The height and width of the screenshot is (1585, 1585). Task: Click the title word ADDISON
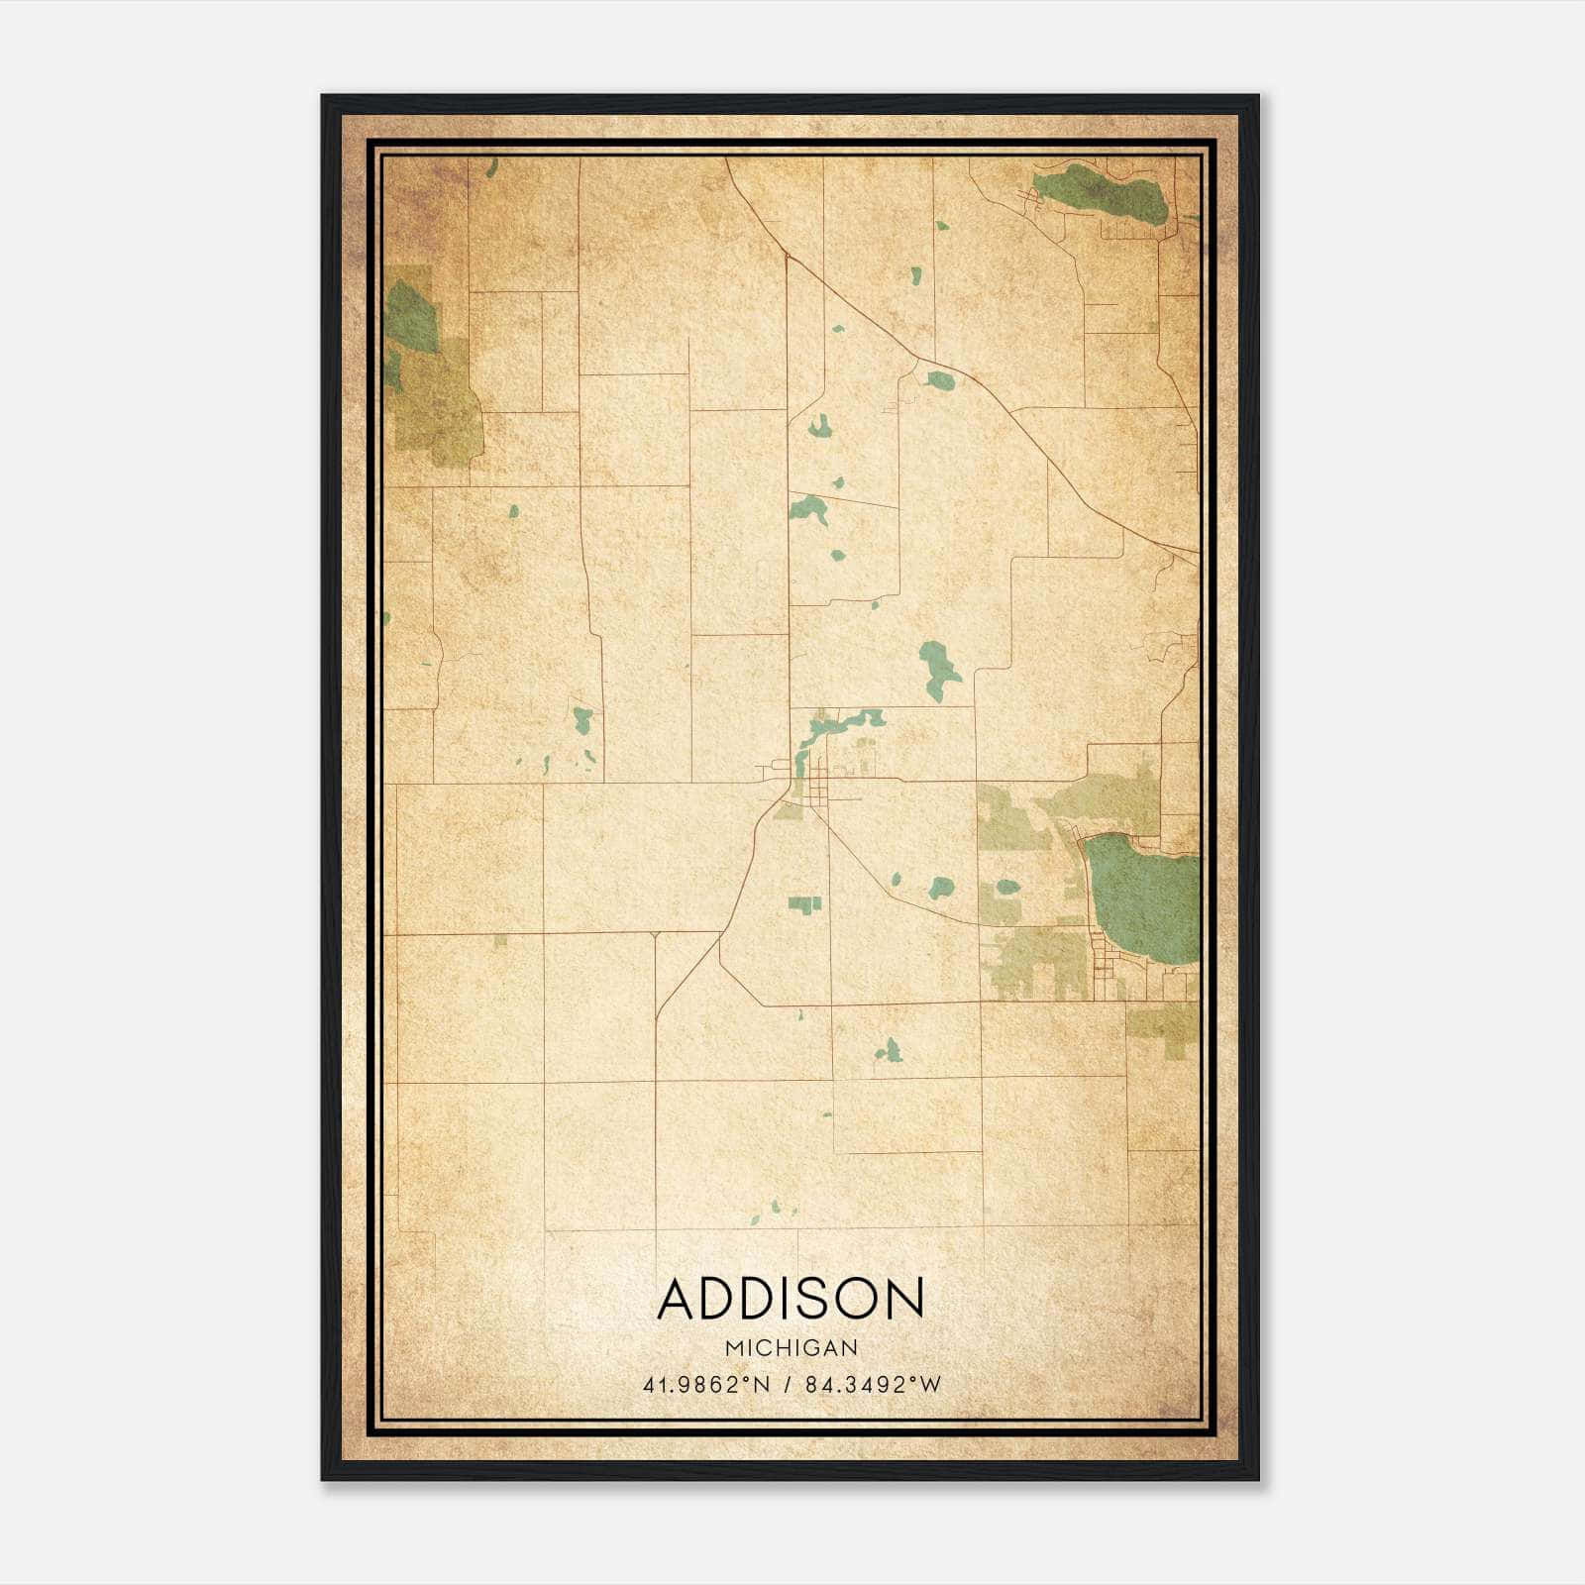tap(791, 1299)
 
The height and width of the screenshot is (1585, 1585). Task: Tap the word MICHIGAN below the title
tap(791, 1347)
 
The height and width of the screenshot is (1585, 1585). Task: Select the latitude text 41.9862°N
tap(706, 1385)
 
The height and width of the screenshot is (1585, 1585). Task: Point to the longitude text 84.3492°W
tap(873, 1385)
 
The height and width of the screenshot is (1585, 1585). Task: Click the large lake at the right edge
tap(1141, 897)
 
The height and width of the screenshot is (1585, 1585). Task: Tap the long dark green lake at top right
tap(1100, 192)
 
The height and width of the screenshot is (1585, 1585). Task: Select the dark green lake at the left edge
tap(410, 316)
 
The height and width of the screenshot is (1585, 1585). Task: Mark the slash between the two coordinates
tap(787, 1385)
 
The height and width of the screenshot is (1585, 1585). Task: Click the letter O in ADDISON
tap(859, 1299)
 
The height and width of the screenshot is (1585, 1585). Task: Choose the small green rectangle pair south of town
tap(805, 903)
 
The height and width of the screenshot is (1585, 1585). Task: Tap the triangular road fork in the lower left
tap(655, 935)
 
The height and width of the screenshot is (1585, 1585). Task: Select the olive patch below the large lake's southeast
tap(1163, 1025)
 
